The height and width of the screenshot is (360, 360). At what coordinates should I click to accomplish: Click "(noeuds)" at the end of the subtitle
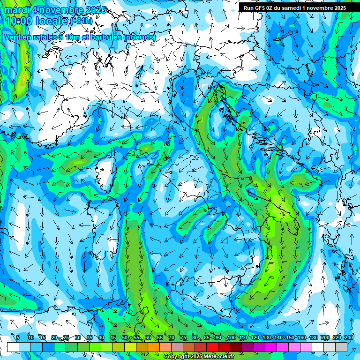click(139, 37)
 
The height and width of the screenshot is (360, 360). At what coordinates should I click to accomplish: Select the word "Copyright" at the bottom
click(176, 357)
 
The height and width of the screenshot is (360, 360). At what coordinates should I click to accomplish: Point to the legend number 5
click(18, 337)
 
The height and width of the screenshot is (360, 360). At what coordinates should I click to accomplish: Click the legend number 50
click(124, 337)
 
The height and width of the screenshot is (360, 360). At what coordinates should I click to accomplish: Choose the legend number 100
click(231, 337)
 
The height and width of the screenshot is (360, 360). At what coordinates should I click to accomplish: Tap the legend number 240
click(349, 337)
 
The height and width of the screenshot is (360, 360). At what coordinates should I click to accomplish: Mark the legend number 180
click(314, 337)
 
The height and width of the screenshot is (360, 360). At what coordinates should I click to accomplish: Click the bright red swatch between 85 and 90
click(212, 347)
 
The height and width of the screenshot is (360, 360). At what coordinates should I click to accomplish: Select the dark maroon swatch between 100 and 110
click(236, 347)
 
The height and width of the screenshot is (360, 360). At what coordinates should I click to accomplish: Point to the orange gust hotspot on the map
click(23, 75)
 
